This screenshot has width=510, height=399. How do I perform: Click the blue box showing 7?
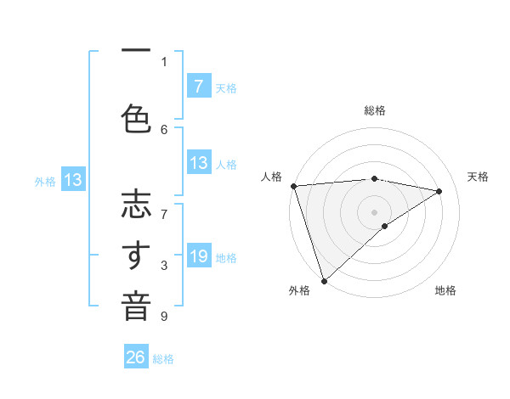click(198, 86)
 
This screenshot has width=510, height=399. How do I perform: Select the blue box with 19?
click(198, 256)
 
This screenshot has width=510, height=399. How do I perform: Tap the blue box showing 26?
click(136, 357)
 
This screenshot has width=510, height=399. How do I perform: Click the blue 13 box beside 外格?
click(72, 180)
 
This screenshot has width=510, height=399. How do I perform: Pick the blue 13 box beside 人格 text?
click(198, 163)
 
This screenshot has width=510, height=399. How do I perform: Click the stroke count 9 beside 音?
click(164, 317)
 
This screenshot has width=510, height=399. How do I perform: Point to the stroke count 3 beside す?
click(164, 266)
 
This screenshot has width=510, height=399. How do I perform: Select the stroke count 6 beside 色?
click(164, 129)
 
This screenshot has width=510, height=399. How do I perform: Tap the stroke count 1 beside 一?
click(164, 61)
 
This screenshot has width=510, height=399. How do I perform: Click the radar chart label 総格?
click(374, 110)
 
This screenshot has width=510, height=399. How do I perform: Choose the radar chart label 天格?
click(479, 177)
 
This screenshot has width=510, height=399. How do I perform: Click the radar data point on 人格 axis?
click(293, 186)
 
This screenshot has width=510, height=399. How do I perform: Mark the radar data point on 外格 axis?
click(324, 279)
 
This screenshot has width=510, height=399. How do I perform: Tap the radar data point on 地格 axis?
click(385, 226)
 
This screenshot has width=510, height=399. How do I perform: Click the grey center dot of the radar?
click(374, 211)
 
